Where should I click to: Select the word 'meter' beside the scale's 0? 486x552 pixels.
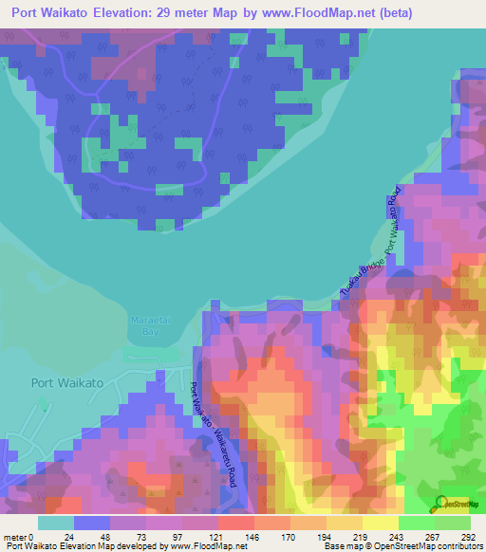click(x=14, y=537)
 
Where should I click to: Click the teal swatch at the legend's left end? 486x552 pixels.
click(x=56, y=523)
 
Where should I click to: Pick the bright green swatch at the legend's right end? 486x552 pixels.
click(x=453, y=523)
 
